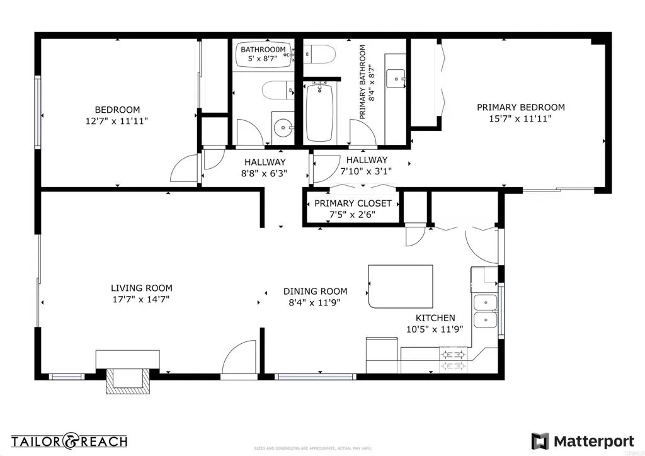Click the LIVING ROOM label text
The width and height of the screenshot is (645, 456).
click(141, 288)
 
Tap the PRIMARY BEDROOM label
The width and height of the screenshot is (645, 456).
click(520, 107)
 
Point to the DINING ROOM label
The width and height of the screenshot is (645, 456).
click(315, 291)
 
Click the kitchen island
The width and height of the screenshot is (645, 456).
click(401, 286)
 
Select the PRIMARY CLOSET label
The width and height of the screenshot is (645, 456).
click(353, 203)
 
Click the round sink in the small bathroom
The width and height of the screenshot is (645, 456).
click(283, 128)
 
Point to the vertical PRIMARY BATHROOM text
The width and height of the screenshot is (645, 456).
click(367, 81)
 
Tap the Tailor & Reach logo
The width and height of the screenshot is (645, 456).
click(69, 441)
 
